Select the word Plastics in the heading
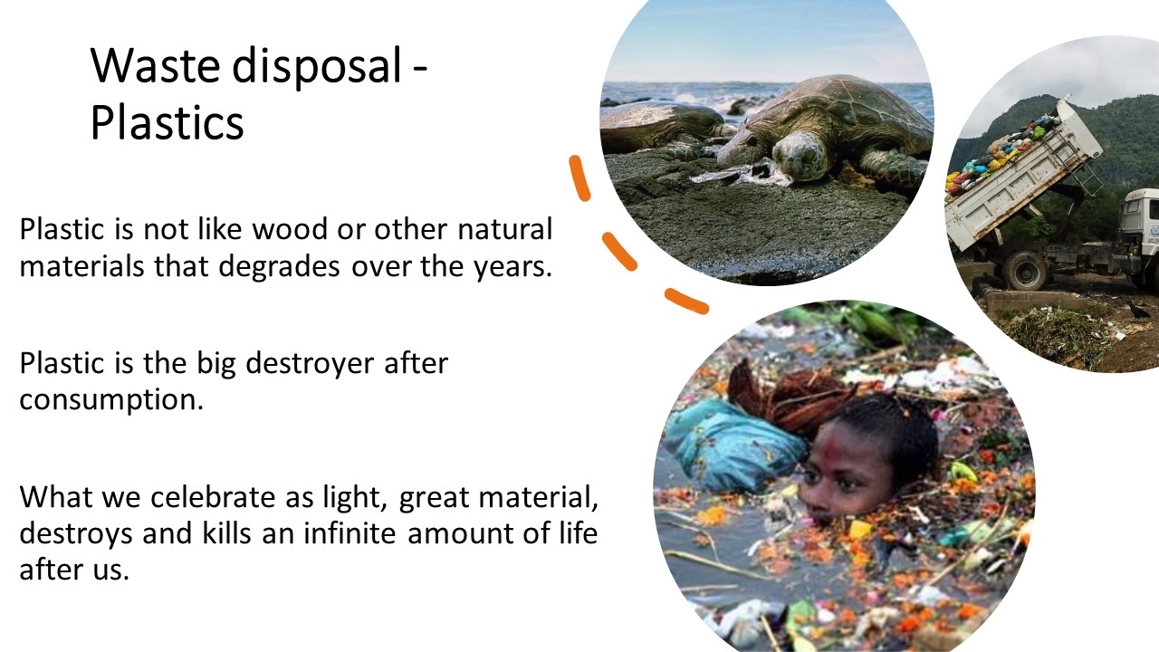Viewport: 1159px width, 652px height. click(x=168, y=123)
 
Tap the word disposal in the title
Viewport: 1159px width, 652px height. click(x=317, y=67)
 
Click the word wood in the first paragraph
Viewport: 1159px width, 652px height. click(x=290, y=229)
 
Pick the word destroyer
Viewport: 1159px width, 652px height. click(x=310, y=364)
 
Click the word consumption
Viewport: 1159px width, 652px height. click(x=111, y=401)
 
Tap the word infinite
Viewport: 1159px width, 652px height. click(x=350, y=533)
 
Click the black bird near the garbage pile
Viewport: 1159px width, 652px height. click(x=1137, y=310)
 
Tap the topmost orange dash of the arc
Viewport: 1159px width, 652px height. click(x=579, y=178)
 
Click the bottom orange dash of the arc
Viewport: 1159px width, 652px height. click(x=686, y=302)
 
